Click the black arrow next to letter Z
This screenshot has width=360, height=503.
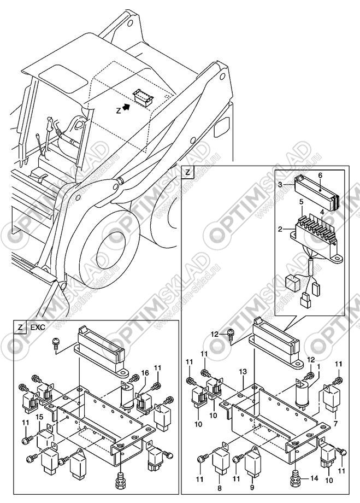pyautogui.click(x=127, y=108)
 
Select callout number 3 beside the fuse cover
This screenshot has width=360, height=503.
pyautogui.click(x=280, y=185)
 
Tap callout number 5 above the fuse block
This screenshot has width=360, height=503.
pyautogui.click(x=322, y=212)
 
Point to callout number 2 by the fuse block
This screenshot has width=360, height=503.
pyautogui.click(x=302, y=202)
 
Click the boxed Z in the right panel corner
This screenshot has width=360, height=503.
pyautogui.click(x=188, y=172)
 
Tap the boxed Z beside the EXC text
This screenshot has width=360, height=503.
pyautogui.click(x=20, y=327)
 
